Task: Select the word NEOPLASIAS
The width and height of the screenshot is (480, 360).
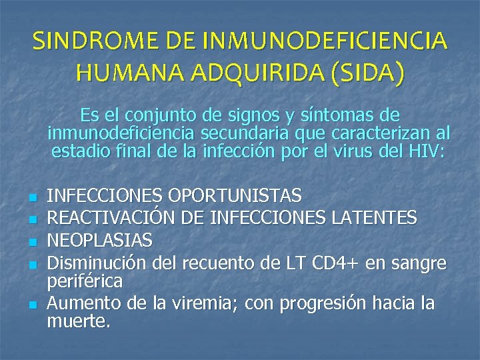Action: tap(101, 239)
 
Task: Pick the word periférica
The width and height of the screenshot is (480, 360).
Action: tap(85, 281)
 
